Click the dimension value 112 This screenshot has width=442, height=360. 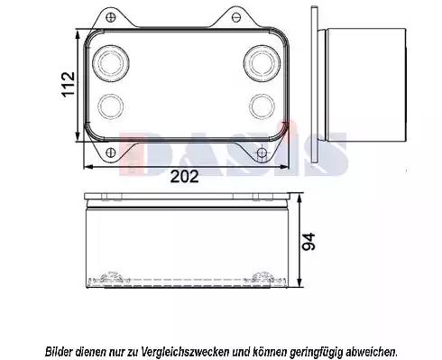[x=69, y=84]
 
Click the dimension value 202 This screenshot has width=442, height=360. [x=184, y=177]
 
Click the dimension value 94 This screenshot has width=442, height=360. [x=308, y=241]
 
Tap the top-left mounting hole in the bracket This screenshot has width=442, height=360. [x=111, y=16]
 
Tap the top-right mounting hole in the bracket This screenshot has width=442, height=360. [x=237, y=17]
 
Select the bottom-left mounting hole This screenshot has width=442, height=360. [x=111, y=152]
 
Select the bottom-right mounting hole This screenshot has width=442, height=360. [x=262, y=153]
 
